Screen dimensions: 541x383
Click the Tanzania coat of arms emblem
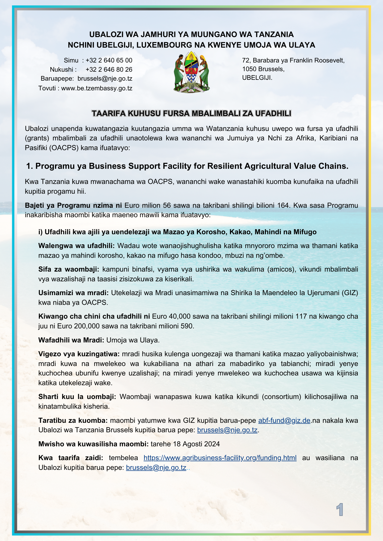[192, 72]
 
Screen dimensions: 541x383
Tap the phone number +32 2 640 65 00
[109, 60]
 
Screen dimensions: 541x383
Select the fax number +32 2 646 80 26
[109, 70]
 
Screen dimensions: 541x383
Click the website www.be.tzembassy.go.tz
[97, 88]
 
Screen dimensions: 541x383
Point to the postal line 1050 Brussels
[263, 69]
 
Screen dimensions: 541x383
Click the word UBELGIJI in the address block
[257, 78]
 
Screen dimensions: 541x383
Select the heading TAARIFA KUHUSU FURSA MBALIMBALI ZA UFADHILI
[192, 113]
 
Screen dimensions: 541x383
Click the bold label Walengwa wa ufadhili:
[77, 246]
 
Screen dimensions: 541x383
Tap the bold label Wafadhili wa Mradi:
[71, 340]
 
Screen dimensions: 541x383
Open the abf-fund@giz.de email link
[284, 420]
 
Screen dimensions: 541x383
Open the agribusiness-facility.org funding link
[220, 458]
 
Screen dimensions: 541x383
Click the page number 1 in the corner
[339, 510]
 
